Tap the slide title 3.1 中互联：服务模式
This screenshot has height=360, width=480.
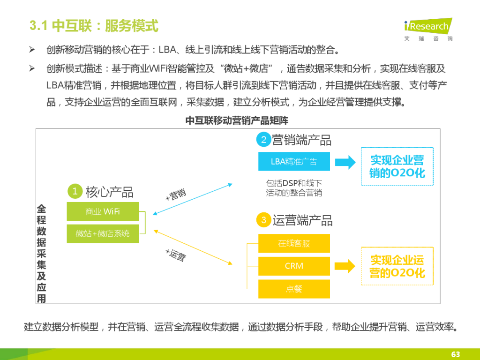94,25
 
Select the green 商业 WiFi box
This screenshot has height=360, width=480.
103,211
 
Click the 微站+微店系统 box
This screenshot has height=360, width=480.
103,233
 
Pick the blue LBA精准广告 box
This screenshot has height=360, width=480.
294,161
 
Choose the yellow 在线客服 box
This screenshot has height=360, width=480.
294,243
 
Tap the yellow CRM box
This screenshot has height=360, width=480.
294,266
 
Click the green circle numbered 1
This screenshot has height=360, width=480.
75,191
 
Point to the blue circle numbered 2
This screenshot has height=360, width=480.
263,140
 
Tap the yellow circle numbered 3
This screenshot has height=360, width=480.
263,220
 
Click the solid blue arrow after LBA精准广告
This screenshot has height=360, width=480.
345,162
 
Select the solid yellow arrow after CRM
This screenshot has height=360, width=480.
345,266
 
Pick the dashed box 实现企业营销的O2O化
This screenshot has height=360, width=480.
397,166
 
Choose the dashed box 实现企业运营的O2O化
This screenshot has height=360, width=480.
397,266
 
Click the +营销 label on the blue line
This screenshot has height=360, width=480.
176,195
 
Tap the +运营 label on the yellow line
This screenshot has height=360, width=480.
175,255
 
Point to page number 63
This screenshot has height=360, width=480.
455,354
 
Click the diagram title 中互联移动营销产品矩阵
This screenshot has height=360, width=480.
237,120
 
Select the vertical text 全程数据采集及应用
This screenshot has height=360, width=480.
42,253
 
